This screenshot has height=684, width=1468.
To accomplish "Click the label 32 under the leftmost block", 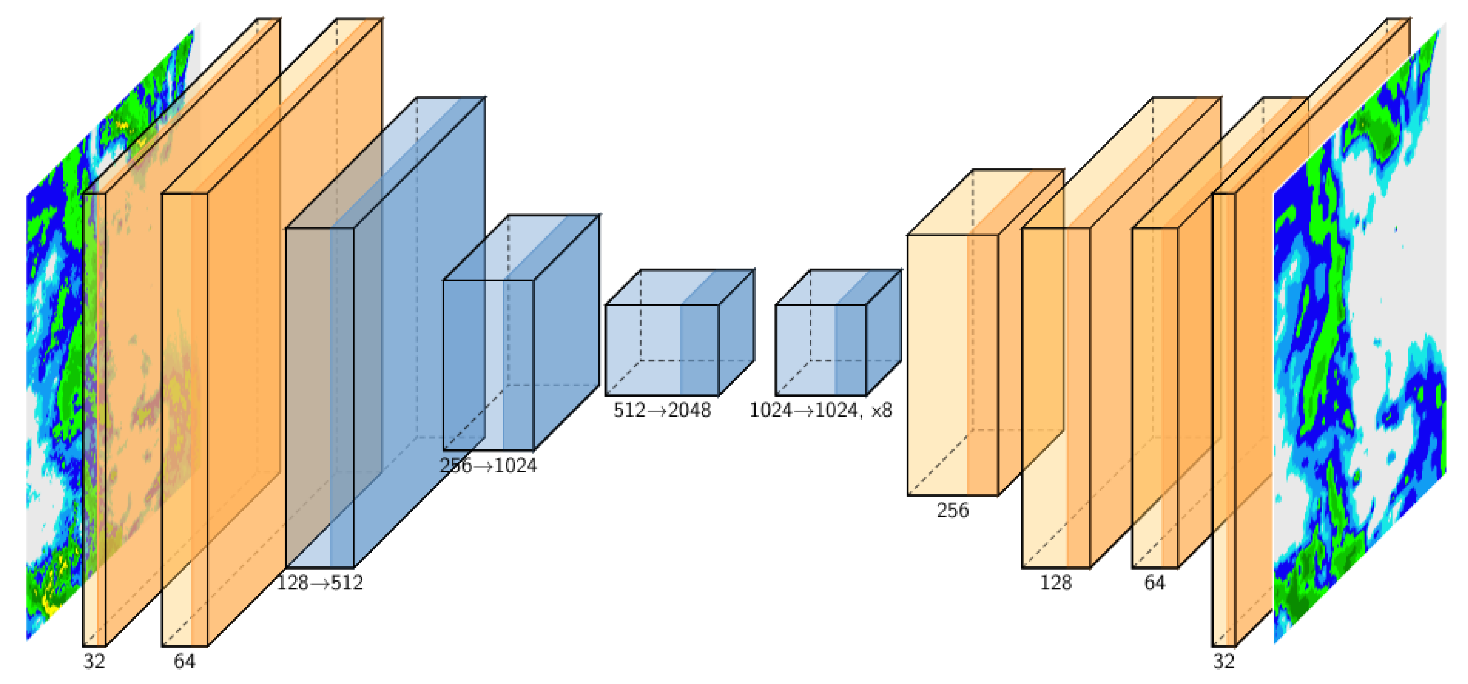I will coord(95,661).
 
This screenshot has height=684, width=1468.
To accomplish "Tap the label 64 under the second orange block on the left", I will coord(185,661).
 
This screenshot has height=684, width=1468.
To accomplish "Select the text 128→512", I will coord(320,583).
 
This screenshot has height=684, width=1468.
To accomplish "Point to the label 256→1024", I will coord(489,466).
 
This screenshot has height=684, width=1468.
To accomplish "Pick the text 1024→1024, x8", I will coord(820,410).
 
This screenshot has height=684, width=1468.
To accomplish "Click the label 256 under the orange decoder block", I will coord(952,510).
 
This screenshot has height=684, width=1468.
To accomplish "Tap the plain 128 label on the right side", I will coord(1056,583).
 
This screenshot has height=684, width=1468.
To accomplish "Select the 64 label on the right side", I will coord(1155,583).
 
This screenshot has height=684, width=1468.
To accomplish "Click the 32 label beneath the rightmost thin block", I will coord(1223,661).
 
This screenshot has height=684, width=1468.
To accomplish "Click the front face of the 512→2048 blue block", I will coord(662,350).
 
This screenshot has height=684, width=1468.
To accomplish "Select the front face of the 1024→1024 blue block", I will coord(820,350).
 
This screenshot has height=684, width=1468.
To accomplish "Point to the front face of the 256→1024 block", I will coord(489,365).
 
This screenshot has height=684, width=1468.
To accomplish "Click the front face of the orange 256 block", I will coord(952,365).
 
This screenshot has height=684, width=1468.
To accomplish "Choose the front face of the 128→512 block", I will coord(320,397).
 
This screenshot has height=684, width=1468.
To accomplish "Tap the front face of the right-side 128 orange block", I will coord(1056,397).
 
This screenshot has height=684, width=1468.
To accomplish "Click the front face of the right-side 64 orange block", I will coord(1155,397).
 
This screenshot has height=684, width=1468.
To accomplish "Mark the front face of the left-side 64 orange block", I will coord(185,420).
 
